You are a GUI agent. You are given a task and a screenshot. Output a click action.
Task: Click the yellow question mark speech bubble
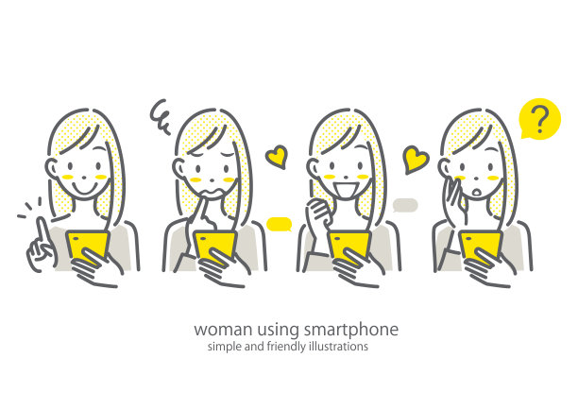coord(540,119)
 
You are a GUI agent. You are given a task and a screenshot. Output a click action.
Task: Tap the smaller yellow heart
coord(277,157)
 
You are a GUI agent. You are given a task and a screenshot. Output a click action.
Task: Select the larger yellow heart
coord(416,160)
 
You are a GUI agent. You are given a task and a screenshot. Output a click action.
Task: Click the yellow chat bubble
coord(279,224)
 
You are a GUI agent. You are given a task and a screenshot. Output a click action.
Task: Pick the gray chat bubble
coord(405,205)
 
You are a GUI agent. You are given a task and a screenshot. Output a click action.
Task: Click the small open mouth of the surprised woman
coord(476,193)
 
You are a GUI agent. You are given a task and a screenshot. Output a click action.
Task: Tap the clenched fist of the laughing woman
coord(318,211)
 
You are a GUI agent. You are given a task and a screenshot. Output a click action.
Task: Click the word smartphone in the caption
coord(351,330)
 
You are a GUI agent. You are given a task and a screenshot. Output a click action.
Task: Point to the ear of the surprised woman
coord(444,167)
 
